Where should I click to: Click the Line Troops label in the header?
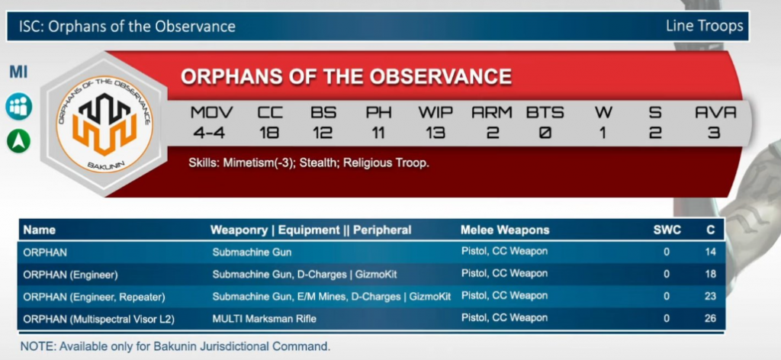704,25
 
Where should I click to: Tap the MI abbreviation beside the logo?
18,72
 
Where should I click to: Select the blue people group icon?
19,107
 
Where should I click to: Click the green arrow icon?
18,141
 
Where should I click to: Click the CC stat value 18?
269,133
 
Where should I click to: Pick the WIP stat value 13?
435,133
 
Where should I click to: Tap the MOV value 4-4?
212,133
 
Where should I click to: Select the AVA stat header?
715,113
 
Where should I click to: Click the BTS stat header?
545,113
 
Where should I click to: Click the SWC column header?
667,230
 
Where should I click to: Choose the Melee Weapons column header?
505,230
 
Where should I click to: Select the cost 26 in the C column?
710,318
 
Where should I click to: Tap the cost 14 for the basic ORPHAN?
710,252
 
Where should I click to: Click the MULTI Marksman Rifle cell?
264,319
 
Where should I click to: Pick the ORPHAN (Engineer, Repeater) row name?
94,297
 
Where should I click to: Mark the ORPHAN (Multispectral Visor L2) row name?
98,319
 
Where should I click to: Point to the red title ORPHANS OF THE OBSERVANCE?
346,77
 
